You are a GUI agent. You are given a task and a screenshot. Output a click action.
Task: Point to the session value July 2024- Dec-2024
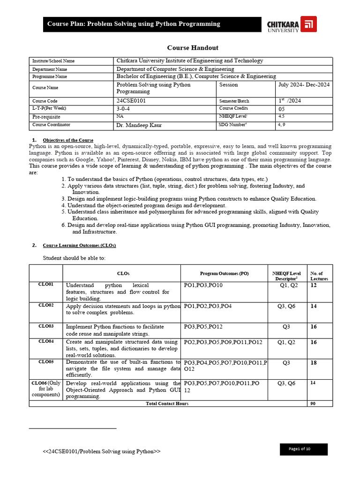303,85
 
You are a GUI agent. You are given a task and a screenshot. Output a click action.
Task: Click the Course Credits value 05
281,109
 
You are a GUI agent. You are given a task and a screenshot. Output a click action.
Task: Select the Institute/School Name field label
53,61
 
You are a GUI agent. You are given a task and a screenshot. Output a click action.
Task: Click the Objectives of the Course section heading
68,140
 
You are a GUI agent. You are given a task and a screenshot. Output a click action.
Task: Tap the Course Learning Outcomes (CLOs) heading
79,245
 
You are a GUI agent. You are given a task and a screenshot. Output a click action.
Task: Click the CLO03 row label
46,326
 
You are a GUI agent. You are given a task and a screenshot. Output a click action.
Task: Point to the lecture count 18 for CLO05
314,363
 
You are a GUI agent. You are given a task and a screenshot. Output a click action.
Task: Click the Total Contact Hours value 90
313,404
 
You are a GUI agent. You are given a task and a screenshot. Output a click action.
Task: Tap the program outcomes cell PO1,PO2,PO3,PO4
208,306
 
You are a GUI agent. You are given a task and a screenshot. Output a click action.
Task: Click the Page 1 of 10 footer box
303,449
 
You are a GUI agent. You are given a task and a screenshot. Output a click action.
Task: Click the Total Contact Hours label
167,404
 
